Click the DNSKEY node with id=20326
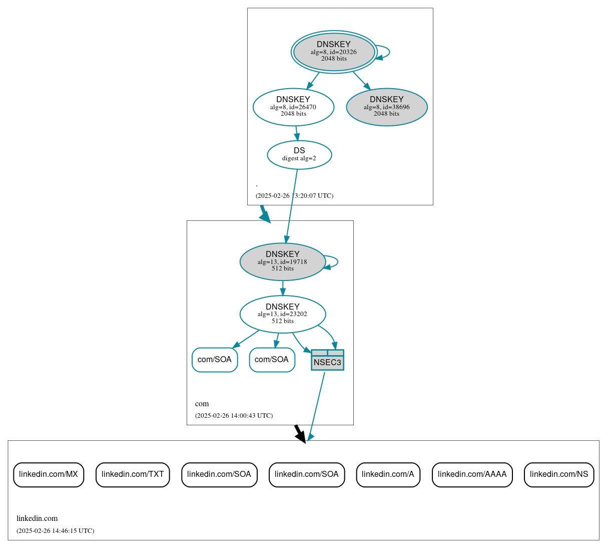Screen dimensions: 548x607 [334, 52]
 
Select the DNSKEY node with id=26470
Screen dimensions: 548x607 [293, 107]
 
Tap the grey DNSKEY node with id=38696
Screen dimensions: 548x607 [386, 107]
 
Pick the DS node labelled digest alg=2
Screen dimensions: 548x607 [299, 155]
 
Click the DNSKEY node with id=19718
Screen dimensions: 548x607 [283, 261]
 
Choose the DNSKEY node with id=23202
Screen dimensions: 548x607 [283, 314]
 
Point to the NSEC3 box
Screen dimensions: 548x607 [327, 360]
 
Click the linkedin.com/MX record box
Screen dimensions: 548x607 [49, 474]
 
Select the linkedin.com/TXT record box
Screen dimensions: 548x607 [133, 474]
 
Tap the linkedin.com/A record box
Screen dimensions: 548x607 [388, 474]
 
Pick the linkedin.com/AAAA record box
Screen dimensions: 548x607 [472, 474]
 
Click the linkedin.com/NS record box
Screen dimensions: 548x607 [559, 474]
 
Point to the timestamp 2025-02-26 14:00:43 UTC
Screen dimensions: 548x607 [234, 416]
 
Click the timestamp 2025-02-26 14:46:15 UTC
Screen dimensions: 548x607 [55, 531]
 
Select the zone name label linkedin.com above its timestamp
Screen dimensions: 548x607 [37, 518]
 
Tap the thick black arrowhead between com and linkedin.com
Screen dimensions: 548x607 [300, 436]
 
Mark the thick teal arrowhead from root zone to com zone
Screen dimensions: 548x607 [265, 216]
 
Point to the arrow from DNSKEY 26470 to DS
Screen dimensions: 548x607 [297, 133]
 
